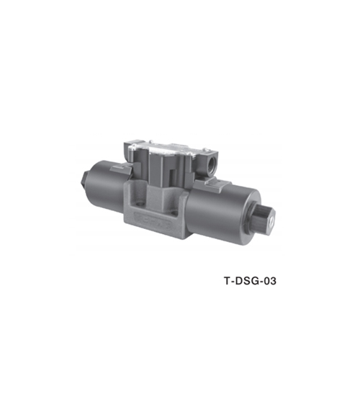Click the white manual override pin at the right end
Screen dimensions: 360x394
click(x=271, y=223)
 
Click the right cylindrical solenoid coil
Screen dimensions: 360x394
click(x=224, y=212)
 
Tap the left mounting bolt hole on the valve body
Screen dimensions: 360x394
click(x=139, y=204)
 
